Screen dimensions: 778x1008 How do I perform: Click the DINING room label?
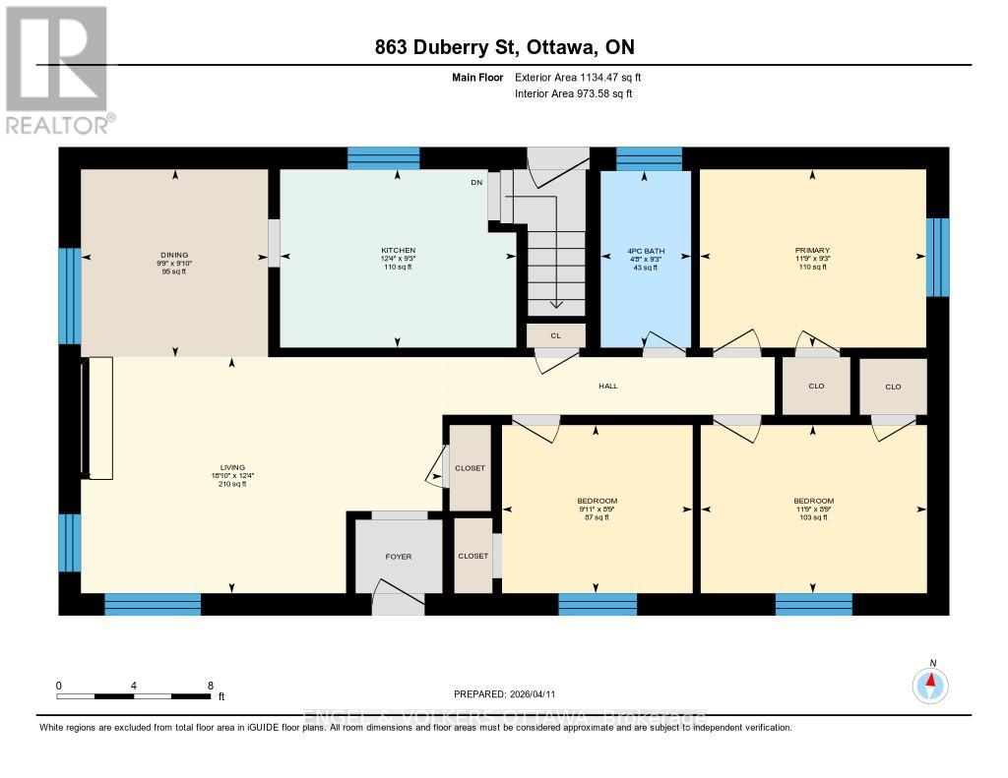coord(173,255)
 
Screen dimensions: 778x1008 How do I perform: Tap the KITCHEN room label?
coord(399,251)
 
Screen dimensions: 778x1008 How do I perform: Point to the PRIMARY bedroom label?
coord(813,251)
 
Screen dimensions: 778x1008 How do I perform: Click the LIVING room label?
coord(232,467)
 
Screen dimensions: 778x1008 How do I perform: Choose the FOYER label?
coord(399,557)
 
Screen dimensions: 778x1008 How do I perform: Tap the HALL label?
coord(608,386)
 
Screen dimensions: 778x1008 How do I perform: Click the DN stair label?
coord(476,182)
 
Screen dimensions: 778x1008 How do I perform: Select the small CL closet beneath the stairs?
coord(556,335)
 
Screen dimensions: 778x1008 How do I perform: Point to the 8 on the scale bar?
coord(210,686)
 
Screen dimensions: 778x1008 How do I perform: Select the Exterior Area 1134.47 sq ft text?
coord(578,77)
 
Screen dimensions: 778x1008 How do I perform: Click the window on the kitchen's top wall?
coord(384,158)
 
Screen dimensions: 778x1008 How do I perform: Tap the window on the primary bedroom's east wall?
coord(938,257)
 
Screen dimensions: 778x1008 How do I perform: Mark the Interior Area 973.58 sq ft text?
coord(574,94)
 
